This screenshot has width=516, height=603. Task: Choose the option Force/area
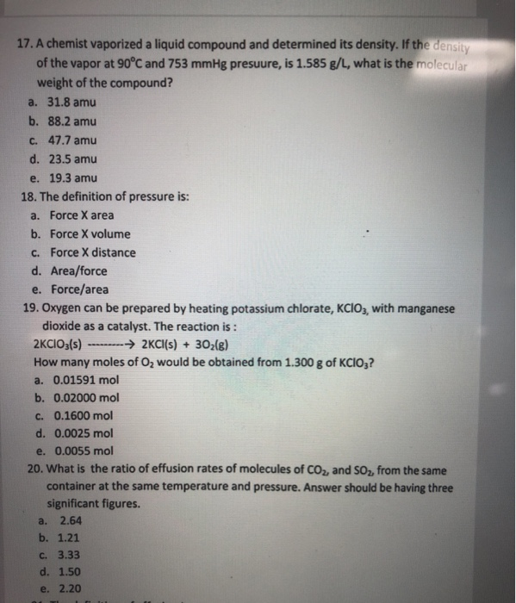coord(79,289)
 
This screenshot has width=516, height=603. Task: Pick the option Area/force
coord(79,271)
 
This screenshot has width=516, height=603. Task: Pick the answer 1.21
coord(70,538)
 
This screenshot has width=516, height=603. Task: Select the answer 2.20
coord(70,589)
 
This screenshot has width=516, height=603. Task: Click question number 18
coord(28,196)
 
